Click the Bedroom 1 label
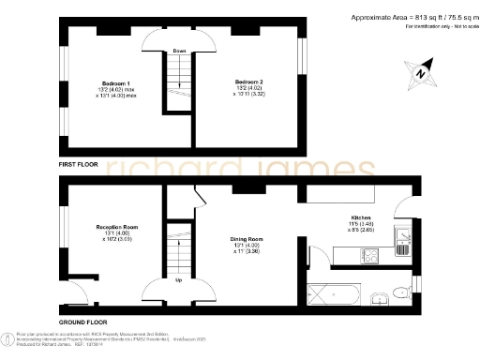(115, 82)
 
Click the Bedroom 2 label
(247, 82)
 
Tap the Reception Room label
(117, 227)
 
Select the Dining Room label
(247, 239)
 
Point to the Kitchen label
(361, 217)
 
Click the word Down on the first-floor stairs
(177, 51)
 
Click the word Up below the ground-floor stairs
(178, 279)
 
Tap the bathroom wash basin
(380, 300)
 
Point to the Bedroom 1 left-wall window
(64, 89)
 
